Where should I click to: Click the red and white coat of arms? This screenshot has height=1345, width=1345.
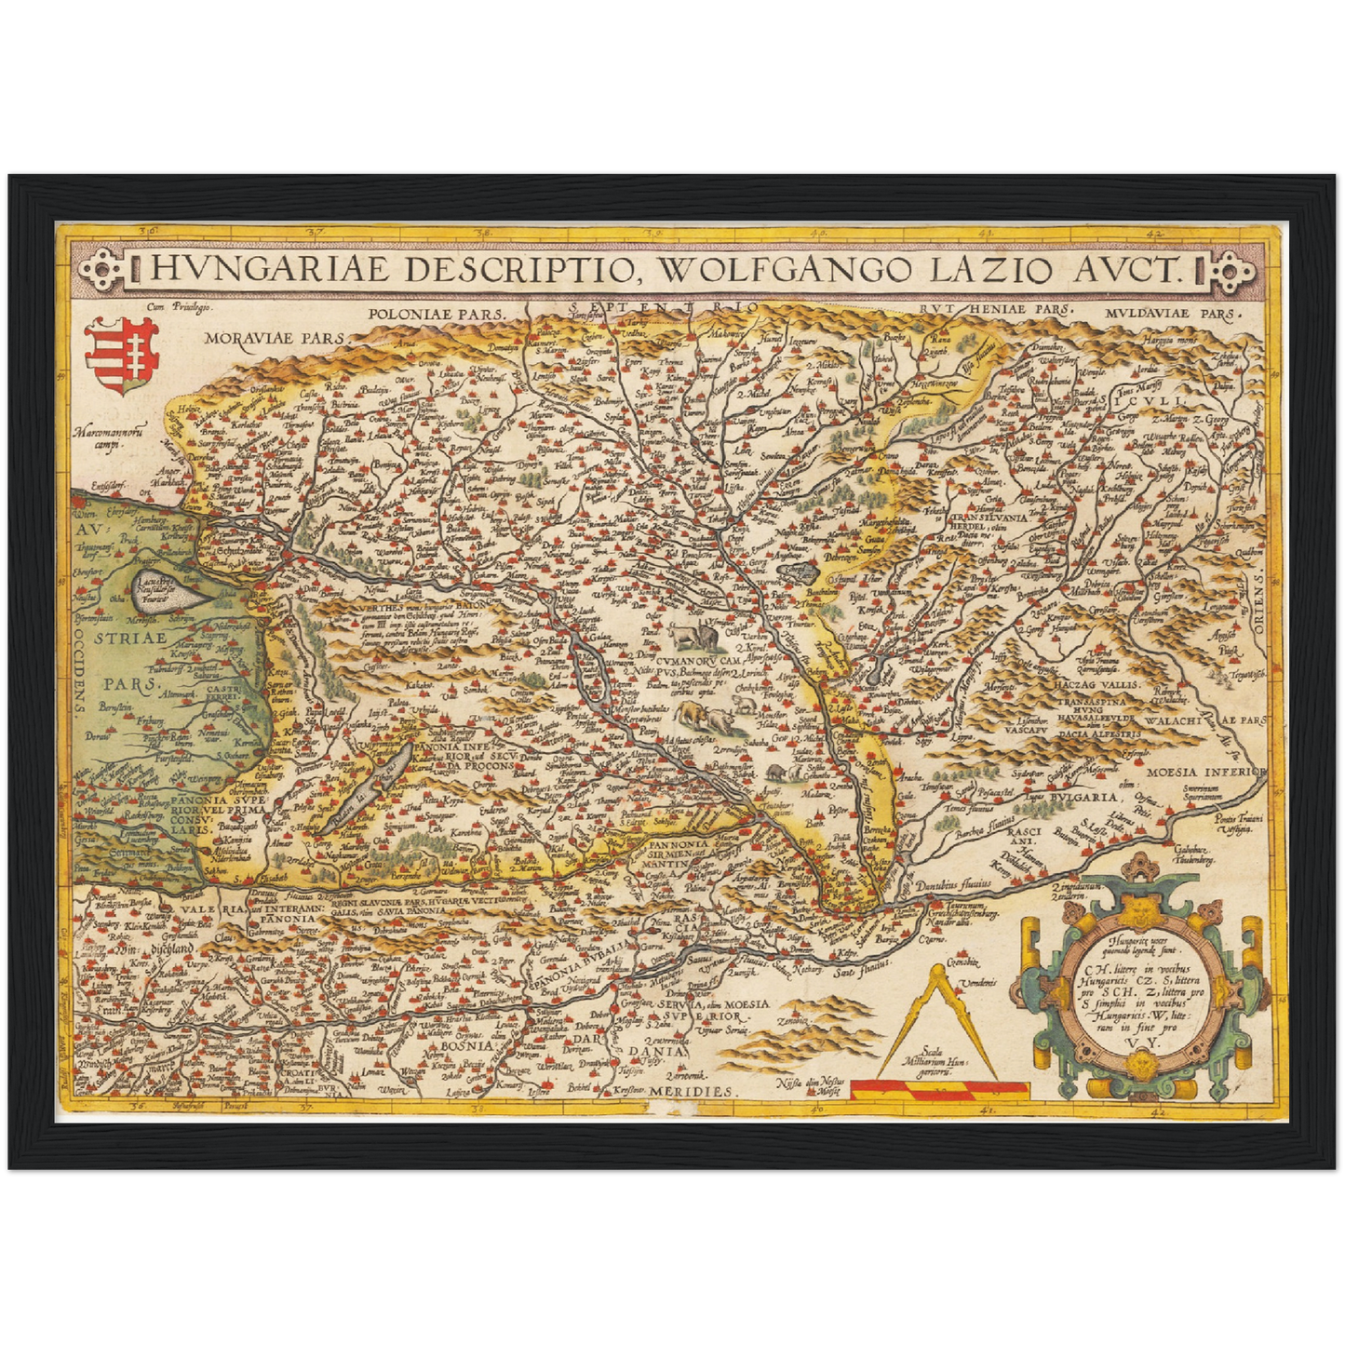tap(121, 356)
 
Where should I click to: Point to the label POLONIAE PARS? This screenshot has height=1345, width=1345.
tap(435, 315)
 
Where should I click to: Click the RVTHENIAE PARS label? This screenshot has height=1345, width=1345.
tap(994, 308)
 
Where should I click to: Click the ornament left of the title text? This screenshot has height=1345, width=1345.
tap(106, 270)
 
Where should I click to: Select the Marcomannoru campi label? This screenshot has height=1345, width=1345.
tap(109, 437)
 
